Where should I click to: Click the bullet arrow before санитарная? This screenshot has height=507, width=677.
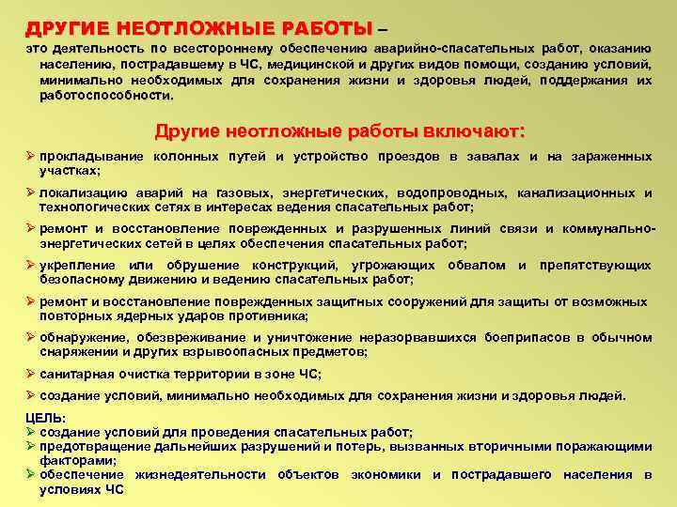click(30, 374)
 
